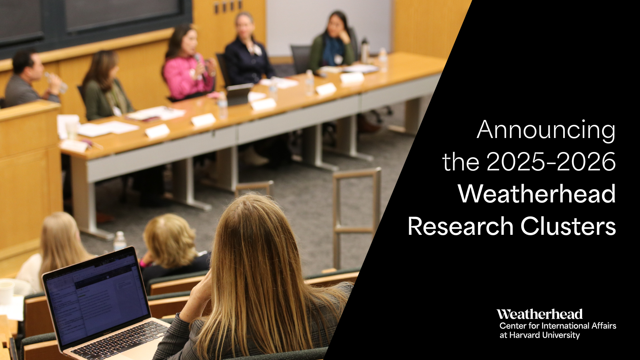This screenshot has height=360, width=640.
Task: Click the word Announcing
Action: pyautogui.click(x=546, y=130)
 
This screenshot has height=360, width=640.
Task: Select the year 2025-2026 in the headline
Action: pyautogui.click(x=551, y=162)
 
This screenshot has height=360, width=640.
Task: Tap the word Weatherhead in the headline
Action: pyautogui.click(x=536, y=194)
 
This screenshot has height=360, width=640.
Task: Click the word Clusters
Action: pyautogui.click(x=568, y=226)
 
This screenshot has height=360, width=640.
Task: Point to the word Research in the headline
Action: pyautogui.click(x=460, y=226)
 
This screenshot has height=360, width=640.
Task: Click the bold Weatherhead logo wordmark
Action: pyautogui.click(x=539, y=314)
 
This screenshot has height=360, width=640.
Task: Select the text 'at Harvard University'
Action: pyautogui.click(x=539, y=335)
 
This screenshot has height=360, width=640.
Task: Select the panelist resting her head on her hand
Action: pyautogui.click(x=334, y=42)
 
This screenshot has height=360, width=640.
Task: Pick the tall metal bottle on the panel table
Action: pyautogui.click(x=364, y=50)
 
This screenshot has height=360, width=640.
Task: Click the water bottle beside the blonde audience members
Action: pyautogui.click(x=119, y=241)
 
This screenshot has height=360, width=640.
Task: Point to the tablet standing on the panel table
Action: pyautogui.click(x=239, y=94)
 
